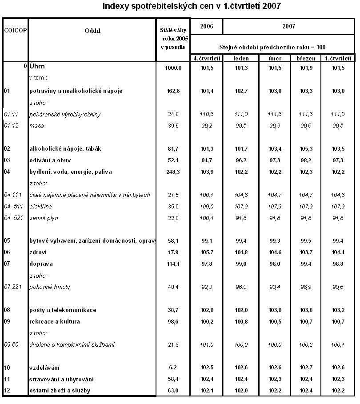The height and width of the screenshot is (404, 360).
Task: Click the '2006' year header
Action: [x=206, y=26]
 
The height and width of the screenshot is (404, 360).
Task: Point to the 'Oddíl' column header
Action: [x=92, y=30]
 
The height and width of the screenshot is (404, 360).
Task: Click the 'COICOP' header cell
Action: [x=15, y=30]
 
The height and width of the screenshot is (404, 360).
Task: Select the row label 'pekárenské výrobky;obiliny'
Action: [x=65, y=114]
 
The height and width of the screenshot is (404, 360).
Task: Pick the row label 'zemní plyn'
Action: [x=44, y=218]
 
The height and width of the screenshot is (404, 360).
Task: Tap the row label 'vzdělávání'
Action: [x=44, y=368]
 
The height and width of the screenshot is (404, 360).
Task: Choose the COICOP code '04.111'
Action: [x=13, y=195]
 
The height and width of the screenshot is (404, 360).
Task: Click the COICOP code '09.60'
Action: [x=12, y=344]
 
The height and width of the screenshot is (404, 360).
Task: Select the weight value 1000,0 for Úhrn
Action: [x=173, y=68]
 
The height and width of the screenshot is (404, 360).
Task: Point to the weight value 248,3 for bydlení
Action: [x=173, y=172]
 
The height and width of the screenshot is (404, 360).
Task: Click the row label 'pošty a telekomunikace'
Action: [x=63, y=310]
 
